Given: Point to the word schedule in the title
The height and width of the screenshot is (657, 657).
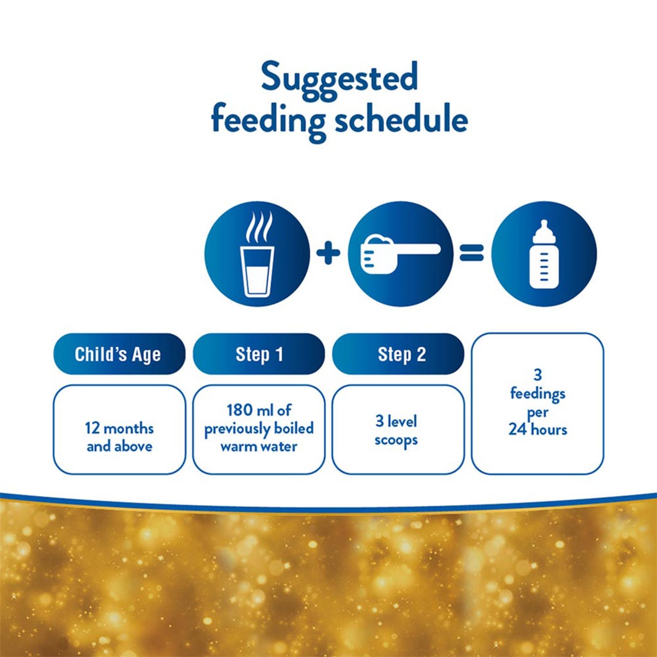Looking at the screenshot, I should [400, 120].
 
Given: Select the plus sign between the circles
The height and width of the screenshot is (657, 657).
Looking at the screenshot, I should [328, 253].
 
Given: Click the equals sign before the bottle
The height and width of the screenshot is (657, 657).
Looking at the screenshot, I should [472, 253].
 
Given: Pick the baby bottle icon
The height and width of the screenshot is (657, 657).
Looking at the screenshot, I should [543, 254].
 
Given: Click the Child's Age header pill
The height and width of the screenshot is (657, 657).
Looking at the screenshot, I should [118, 354].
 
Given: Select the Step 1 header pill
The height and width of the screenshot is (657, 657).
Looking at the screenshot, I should [259, 354].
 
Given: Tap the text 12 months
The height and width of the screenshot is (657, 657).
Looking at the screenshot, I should [119, 429].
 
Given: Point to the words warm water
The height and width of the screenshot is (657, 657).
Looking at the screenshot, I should [259, 447].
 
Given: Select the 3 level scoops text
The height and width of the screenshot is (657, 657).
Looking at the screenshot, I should [396, 431].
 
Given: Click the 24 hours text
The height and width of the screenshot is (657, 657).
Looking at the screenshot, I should [538, 429].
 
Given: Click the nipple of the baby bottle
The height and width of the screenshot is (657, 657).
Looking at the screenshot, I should [543, 226].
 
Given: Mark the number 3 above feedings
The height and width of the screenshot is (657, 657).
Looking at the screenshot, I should [537, 376].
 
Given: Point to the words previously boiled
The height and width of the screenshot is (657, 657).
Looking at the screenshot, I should [259, 429].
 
